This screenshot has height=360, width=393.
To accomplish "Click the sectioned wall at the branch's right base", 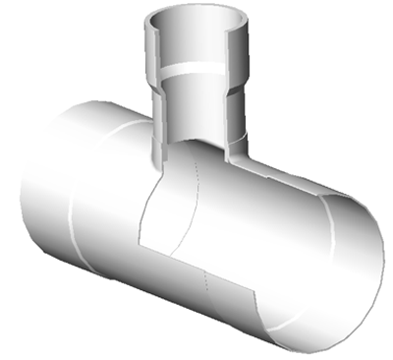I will pyautogui.click(x=242, y=157).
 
